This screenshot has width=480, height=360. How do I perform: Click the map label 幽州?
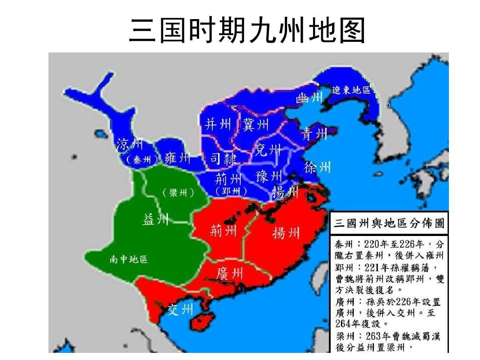309,98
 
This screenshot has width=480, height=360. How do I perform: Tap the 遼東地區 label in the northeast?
351,90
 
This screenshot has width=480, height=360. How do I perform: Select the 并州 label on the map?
218,124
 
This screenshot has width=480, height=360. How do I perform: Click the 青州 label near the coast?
315,134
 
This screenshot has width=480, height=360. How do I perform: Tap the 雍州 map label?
177,158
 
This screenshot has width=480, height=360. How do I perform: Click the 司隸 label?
223,159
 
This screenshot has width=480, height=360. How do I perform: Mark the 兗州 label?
268,151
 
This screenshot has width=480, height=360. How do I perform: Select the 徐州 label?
317,168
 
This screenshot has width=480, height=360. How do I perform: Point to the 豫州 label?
269,176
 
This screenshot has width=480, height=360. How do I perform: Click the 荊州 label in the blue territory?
228,179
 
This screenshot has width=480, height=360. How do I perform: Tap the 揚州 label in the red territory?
286,232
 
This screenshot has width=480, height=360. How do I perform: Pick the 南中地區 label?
128,260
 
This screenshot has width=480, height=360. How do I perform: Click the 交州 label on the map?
180,310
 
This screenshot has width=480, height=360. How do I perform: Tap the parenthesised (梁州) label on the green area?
177,193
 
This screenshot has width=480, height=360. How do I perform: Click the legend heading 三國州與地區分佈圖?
389,223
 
